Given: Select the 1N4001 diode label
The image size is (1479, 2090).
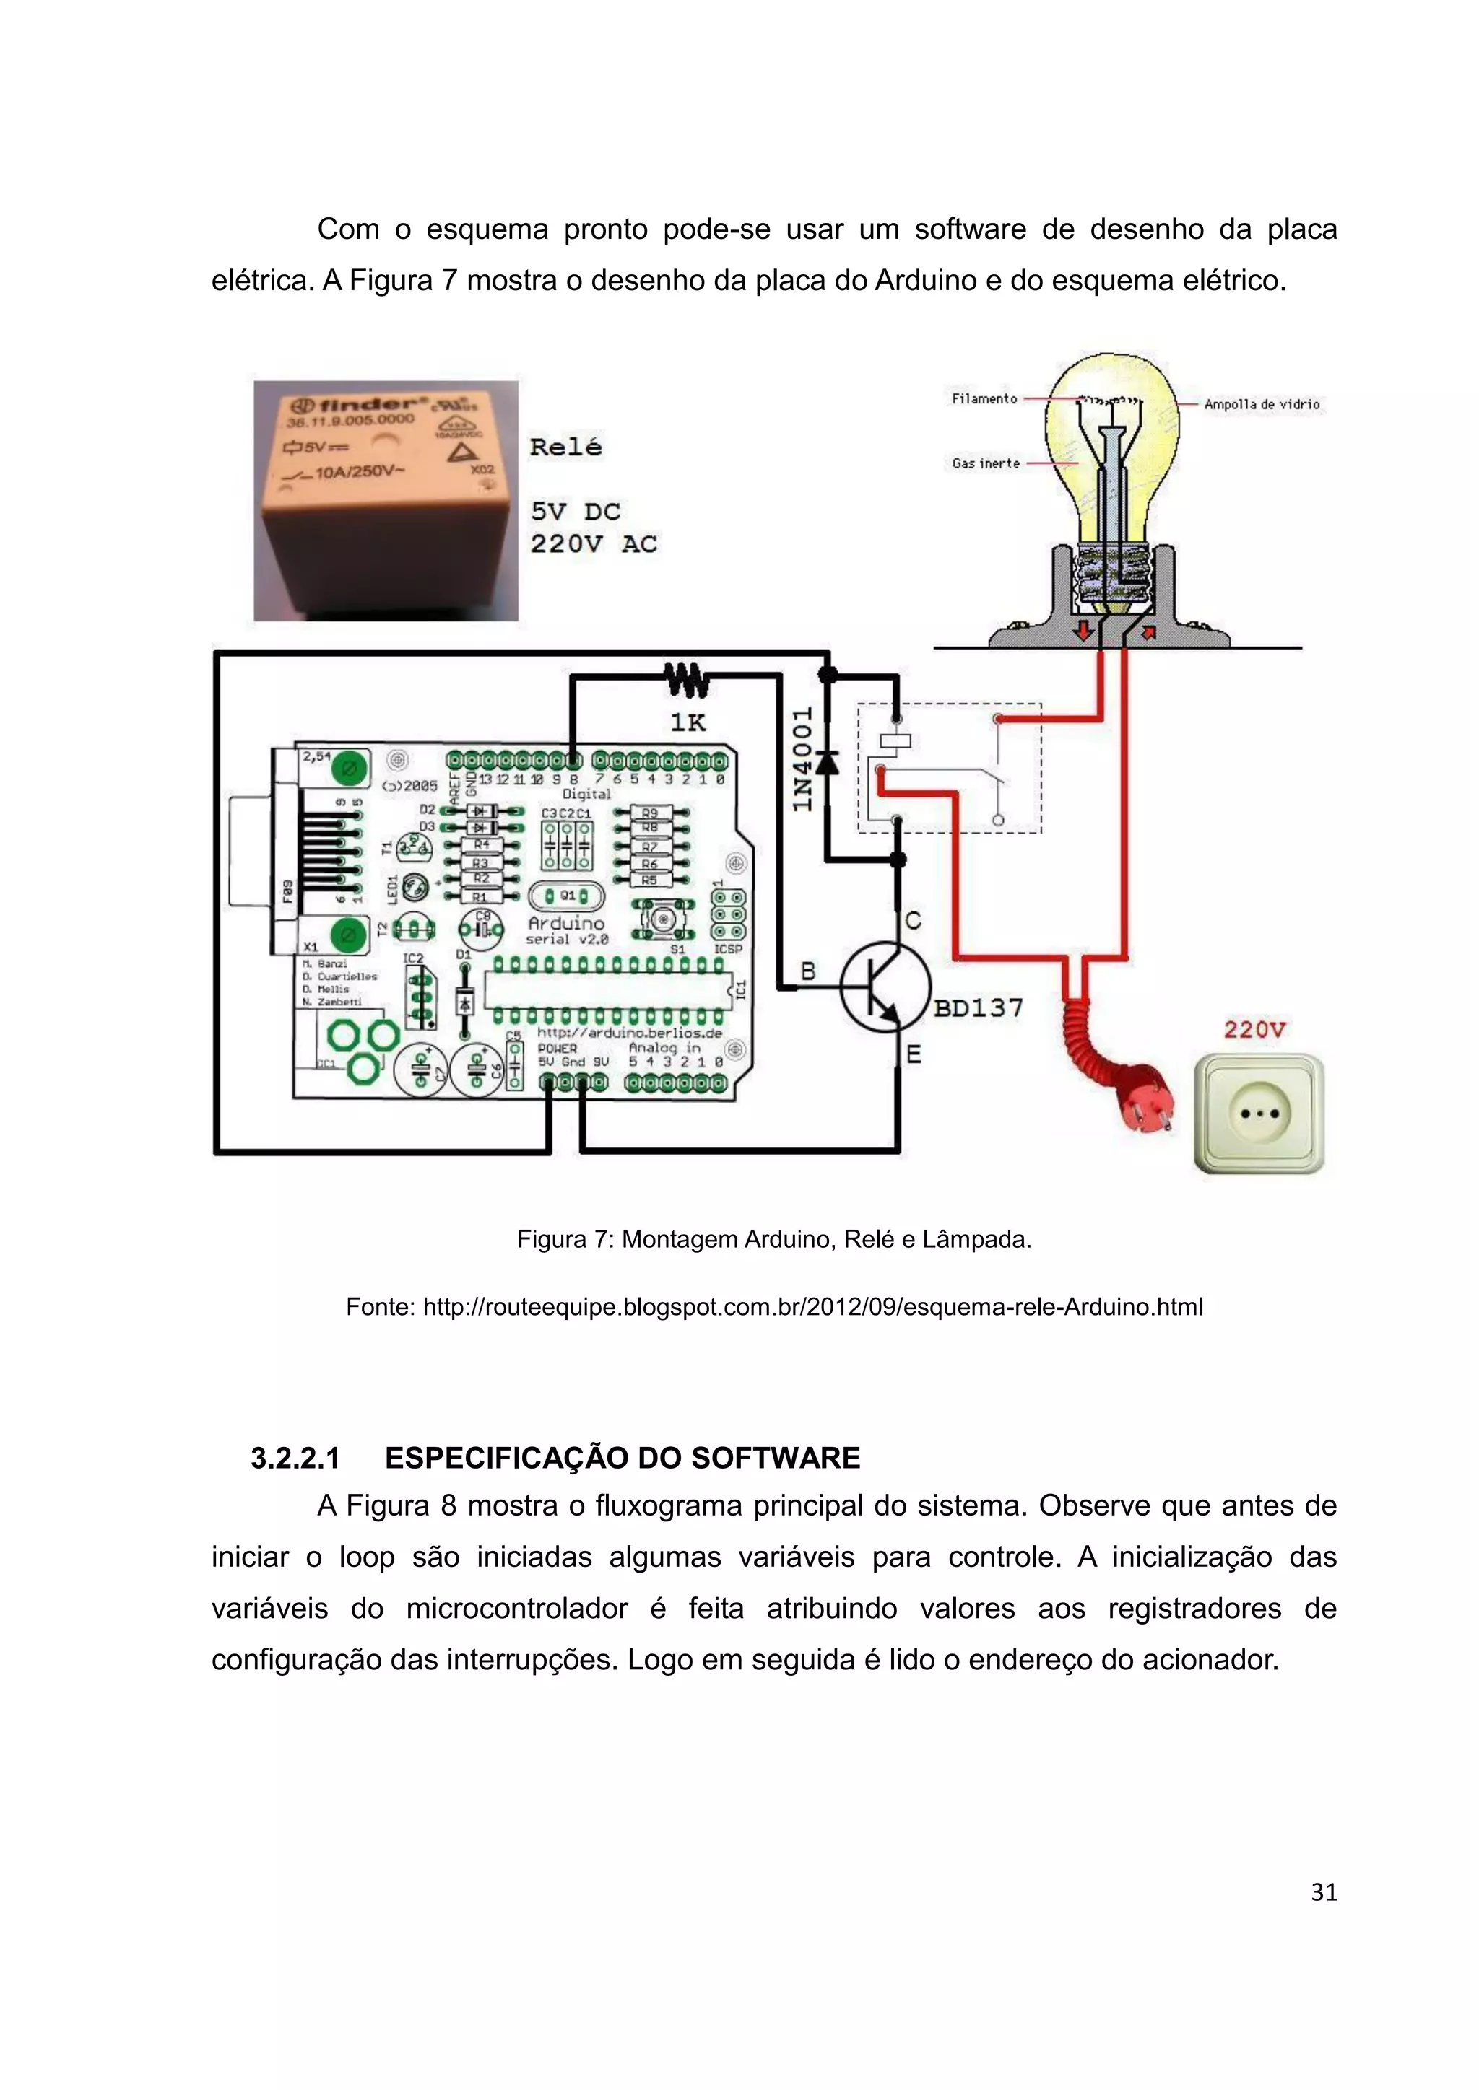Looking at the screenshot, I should point(802,759).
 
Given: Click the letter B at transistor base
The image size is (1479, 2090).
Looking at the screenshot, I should point(808,972).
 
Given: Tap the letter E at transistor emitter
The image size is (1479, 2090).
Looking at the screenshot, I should point(914,1055).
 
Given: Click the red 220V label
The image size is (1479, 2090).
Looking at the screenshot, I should point(1254,1031).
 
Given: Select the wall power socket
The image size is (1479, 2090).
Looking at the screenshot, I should point(1259,1114).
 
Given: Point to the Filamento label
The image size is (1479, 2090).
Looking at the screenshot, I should point(984,398).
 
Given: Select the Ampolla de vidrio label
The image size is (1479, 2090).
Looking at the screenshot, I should point(1262,404).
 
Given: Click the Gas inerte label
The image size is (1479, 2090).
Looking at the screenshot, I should point(985,463).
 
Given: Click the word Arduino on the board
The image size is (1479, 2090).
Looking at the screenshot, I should point(565,923).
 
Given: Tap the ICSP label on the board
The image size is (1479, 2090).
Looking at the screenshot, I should point(728,948).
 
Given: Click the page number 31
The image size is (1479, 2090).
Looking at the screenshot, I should point(1323,1892).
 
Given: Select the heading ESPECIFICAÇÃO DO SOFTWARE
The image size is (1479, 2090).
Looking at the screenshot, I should point(622,1459).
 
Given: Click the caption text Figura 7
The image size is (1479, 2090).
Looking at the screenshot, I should point(565,1240).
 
